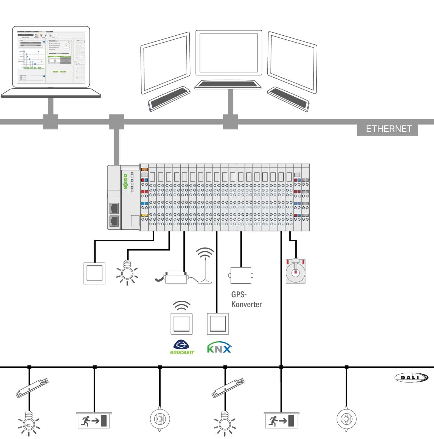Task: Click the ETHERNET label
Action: [x=388, y=129]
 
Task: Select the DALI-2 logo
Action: [x=411, y=378]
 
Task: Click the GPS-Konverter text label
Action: [x=246, y=299]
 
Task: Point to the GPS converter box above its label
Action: [x=241, y=275]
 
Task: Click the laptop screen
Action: [x=51, y=57]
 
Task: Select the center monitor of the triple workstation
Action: [x=229, y=53]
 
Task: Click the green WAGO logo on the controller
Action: [x=126, y=181]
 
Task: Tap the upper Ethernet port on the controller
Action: [x=114, y=209]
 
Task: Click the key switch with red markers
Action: [x=295, y=271]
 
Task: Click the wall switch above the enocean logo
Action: [x=181, y=324]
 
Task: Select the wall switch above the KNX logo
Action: [x=218, y=324]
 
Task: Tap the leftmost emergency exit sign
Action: [x=94, y=420]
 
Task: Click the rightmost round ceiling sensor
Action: [x=346, y=419]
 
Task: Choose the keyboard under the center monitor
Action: [x=228, y=85]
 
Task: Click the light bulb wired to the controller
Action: [x=127, y=272]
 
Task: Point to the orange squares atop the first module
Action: [x=144, y=169]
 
